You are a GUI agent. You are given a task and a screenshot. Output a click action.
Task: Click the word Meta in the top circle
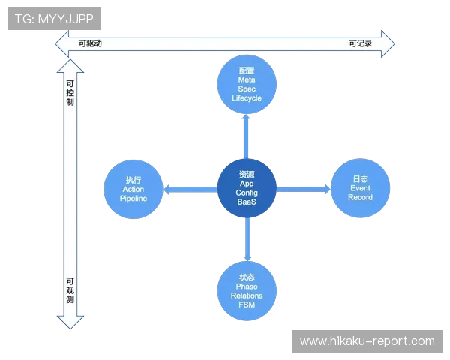(247, 79)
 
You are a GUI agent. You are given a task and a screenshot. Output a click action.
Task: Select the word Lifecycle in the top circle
(247, 98)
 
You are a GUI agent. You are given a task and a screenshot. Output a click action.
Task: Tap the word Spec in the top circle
(247, 89)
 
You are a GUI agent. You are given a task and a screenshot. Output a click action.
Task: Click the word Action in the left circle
(133, 190)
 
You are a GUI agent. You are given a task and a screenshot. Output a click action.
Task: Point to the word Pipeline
(133, 199)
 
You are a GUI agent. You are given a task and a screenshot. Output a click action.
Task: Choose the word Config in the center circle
(247, 193)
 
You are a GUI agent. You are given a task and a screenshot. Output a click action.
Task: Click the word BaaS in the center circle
(247, 203)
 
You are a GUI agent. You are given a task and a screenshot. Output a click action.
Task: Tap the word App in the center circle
(247, 184)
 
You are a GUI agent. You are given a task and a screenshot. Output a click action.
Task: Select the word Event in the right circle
(360, 188)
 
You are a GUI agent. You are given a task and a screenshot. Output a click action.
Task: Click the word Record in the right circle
(360, 198)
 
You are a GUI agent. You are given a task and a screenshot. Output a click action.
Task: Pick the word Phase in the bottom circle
(247, 286)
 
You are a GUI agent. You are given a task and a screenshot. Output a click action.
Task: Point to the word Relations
(247, 296)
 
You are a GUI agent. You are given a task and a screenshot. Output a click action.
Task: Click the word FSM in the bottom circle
(247, 306)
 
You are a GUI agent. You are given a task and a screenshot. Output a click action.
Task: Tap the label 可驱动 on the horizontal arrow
(90, 43)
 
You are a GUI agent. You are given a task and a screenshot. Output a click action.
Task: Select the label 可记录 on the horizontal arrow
(360, 43)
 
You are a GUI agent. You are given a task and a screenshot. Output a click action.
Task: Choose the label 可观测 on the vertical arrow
(70, 287)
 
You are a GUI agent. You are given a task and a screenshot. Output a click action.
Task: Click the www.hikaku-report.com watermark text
(367, 341)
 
